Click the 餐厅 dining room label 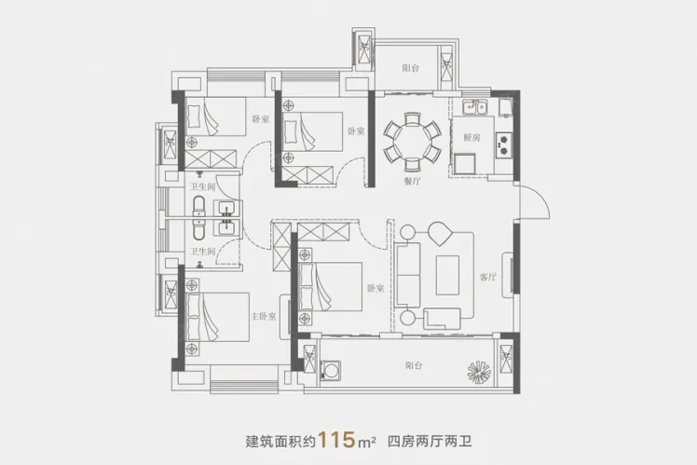[x=412, y=181]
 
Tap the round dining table [x=413, y=141]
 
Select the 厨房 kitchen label [x=471, y=137]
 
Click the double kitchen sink [x=474, y=107]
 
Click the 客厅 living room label [x=487, y=278]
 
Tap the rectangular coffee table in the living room [x=447, y=275]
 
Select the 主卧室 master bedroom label [x=263, y=316]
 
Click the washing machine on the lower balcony [x=330, y=370]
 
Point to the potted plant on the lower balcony [x=479, y=371]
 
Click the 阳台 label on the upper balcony [x=411, y=68]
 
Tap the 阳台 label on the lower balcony [x=414, y=365]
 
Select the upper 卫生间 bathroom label [x=203, y=186]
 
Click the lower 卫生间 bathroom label [x=203, y=252]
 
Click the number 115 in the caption [x=337, y=440]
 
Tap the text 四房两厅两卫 [x=430, y=442]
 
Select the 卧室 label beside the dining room [x=356, y=131]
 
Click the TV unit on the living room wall [x=508, y=275]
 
